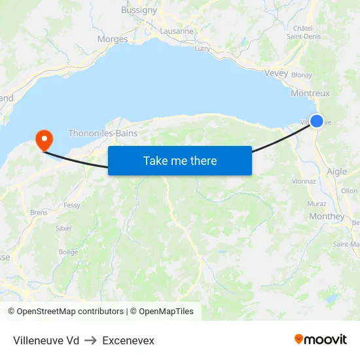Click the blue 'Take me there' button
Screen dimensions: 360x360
[180, 160]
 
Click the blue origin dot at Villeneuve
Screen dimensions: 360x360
[317, 120]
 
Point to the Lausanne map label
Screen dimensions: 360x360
[177, 31]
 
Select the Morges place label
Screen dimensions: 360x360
[113, 39]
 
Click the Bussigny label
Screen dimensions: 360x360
[139, 10]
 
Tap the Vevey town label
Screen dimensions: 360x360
[276, 73]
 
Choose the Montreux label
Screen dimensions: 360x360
[310, 94]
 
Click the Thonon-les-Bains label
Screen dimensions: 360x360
[103, 133]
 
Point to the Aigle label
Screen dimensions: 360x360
[336, 171]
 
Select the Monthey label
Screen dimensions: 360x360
[326, 217]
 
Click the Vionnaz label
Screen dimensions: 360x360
[304, 181]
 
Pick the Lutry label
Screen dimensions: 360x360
[202, 48]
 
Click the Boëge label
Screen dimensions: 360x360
[68, 251]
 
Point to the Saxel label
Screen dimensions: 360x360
[63, 228]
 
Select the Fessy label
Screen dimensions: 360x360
[72, 206]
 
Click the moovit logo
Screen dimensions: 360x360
[321, 339]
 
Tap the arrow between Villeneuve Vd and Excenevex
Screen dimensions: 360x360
[90, 340]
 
